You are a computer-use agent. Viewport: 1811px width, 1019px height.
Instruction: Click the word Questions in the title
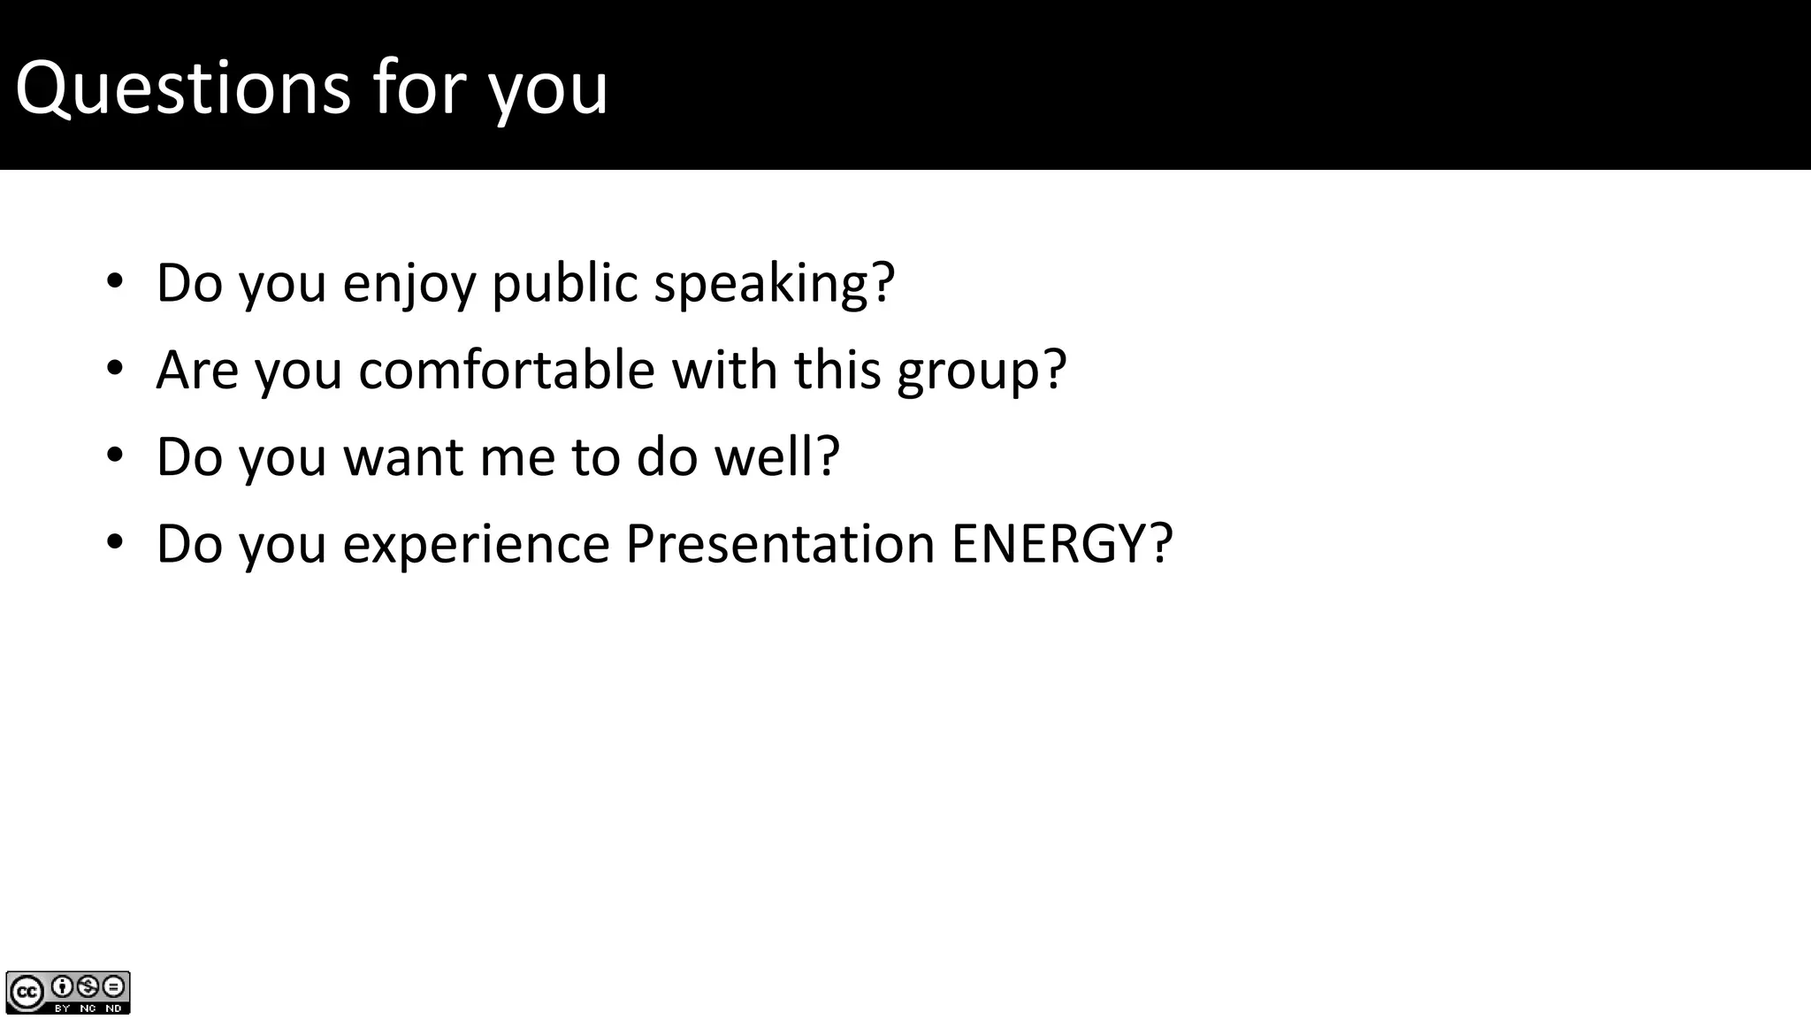182,88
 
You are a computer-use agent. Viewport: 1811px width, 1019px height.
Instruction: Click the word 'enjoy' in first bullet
409,285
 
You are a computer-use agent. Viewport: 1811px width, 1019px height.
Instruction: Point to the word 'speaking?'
775,285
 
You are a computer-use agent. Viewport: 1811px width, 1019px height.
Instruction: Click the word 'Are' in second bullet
197,370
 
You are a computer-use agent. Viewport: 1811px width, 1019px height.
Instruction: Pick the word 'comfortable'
507,370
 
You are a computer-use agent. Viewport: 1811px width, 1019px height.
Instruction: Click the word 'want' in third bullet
403,457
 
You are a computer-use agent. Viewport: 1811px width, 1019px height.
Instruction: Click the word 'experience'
477,545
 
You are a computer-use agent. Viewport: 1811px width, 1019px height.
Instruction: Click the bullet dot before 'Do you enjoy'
115,283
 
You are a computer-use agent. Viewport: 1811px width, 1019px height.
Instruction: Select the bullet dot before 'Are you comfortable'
115,370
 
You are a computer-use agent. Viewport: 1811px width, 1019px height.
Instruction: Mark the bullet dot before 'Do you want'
115,456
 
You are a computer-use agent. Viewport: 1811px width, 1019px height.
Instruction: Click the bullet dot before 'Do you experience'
115,543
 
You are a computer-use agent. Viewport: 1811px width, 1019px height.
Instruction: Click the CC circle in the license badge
26,992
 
